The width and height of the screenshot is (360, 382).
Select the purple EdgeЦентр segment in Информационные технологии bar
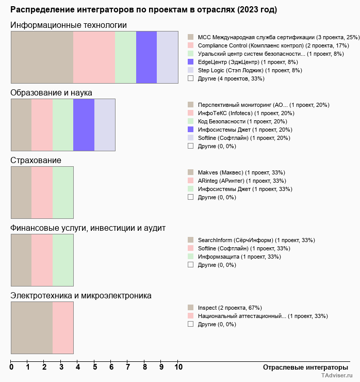[146, 57]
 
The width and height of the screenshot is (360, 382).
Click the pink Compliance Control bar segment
[94, 57]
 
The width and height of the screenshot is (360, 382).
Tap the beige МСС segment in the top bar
[42, 57]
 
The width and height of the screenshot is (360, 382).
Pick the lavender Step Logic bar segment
[167, 57]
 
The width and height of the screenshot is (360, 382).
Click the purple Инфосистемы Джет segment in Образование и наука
[84, 124]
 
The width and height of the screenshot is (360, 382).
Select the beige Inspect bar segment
[31, 327]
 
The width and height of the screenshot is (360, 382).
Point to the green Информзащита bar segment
[63, 260]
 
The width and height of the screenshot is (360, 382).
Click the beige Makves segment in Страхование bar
[21, 192]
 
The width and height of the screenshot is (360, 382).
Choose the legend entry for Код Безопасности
[238, 121]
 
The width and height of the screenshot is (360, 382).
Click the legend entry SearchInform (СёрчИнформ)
[256, 240]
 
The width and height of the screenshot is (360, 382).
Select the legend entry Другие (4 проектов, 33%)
[231, 78]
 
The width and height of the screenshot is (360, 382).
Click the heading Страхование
[36, 161]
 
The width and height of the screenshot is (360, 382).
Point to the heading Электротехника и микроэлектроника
[81, 296]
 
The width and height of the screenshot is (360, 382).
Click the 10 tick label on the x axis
[178, 368]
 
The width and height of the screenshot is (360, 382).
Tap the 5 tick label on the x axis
[95, 368]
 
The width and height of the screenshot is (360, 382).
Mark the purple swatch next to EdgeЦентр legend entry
[191, 62]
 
